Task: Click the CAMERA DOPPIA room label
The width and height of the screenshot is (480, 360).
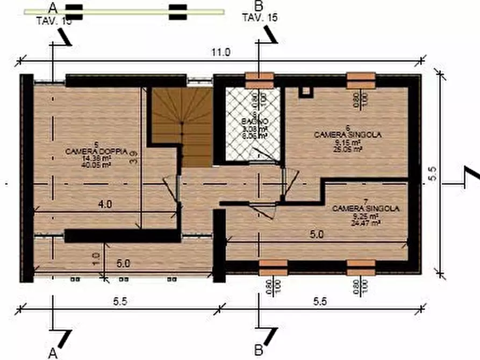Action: [x=96, y=153]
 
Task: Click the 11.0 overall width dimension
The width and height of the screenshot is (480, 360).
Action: [x=221, y=53]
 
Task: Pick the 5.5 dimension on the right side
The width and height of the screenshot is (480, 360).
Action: [x=433, y=174]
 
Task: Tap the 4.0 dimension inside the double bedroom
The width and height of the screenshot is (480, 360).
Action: [x=105, y=205]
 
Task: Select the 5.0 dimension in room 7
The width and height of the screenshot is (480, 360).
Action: [x=316, y=235]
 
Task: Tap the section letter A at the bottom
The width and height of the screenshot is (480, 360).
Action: [x=53, y=352]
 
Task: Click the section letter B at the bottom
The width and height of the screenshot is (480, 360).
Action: [x=259, y=351]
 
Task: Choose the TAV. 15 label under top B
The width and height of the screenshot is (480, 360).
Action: [x=260, y=18]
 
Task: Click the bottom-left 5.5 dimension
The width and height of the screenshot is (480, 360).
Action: [x=120, y=302]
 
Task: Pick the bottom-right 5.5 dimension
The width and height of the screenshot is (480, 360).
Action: [x=320, y=302]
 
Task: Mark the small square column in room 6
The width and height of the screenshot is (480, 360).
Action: [x=305, y=91]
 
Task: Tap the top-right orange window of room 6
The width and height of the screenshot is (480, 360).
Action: [x=361, y=81]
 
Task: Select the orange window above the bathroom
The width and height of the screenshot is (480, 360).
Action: [x=259, y=81]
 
